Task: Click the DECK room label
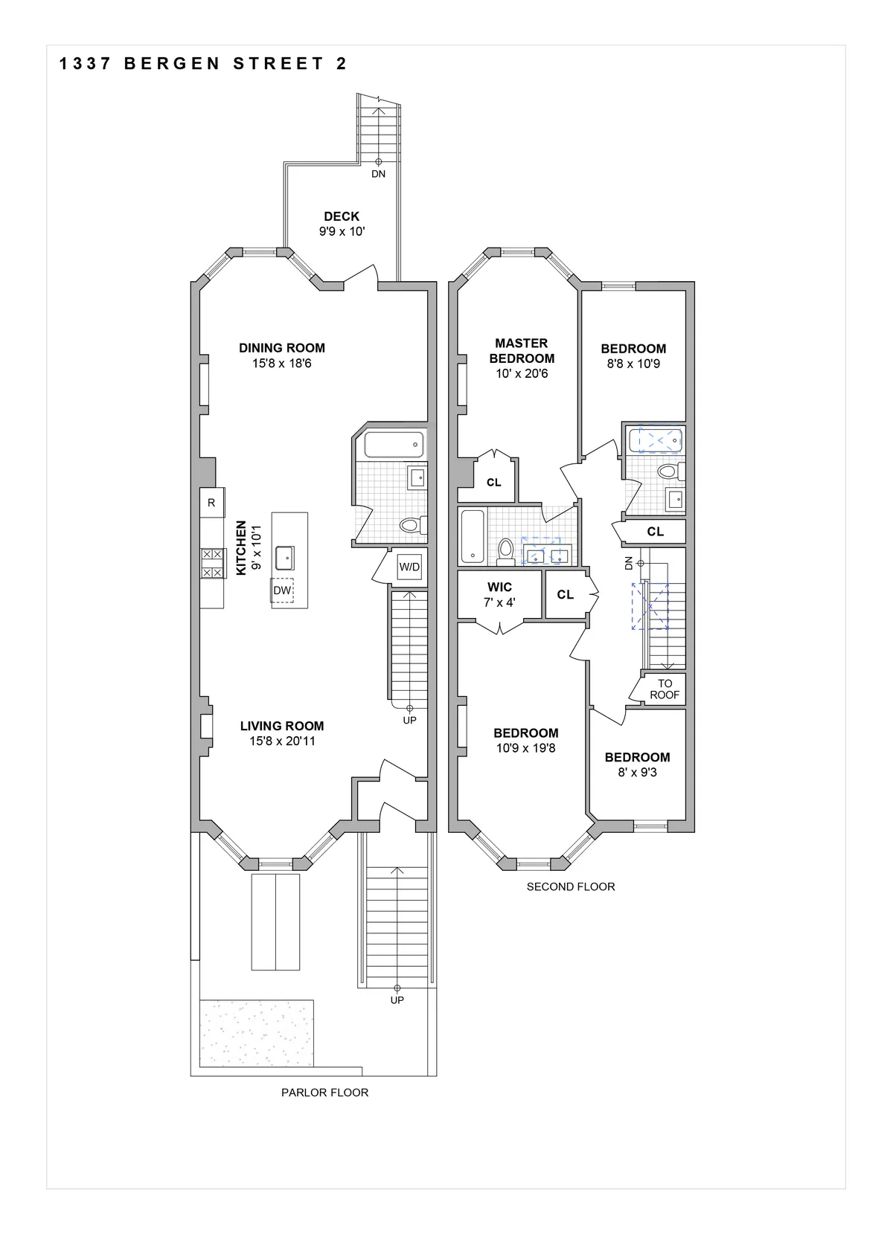tap(342, 216)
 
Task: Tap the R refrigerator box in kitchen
tap(211, 503)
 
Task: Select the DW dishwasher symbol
tap(282, 590)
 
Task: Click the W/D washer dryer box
tap(409, 567)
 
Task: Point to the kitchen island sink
tap(284, 556)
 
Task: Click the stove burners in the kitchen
tap(211, 563)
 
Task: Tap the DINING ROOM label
tap(281, 347)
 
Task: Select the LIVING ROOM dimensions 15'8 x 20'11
tap(281, 741)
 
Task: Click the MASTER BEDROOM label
tap(522, 350)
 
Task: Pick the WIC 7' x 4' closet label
tap(499, 594)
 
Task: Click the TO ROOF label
tap(665, 689)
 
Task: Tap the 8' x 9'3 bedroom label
tap(637, 773)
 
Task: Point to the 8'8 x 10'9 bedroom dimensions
tap(633, 364)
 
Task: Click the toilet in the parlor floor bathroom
tap(410, 525)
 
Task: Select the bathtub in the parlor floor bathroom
tap(394, 445)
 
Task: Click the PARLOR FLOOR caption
tap(324, 1092)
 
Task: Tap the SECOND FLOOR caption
tap(571, 886)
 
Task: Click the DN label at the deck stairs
tap(378, 174)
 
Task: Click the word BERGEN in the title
tap(172, 64)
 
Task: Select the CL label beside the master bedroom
tap(493, 483)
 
